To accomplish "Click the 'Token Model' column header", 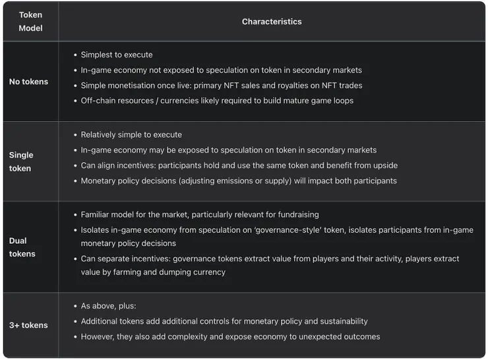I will point(30,21).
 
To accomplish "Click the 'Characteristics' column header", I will point(272,22).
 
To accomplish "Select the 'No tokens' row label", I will point(28,82).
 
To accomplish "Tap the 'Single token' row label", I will point(21,162).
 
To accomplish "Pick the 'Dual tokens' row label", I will point(22,247).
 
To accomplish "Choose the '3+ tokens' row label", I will point(28,325).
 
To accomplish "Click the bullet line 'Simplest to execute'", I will point(117,55).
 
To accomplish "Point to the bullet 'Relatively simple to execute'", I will point(131,135).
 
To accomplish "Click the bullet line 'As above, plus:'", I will point(109,306).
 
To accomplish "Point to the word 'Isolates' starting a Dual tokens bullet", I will point(96,230).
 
